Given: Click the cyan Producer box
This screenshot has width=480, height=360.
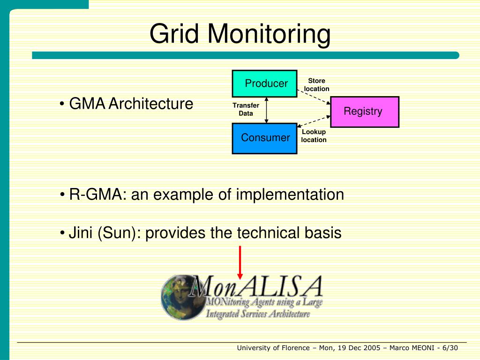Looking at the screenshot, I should click(264, 83).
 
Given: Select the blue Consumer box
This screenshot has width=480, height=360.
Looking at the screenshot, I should click(264, 138).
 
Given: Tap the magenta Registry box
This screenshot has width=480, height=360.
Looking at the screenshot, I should click(364, 112).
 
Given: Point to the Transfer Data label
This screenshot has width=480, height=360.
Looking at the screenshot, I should click(246, 109).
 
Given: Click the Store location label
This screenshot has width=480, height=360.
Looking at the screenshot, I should click(316, 85).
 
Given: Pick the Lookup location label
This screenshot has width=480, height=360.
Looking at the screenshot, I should click(314, 136).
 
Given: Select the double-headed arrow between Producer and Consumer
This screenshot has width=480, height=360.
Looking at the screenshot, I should click(266, 110).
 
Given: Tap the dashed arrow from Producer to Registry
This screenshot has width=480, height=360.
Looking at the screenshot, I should click(314, 97).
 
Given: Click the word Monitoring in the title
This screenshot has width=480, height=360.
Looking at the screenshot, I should click(269, 34).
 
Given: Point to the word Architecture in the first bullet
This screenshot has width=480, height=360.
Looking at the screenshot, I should click(150, 104).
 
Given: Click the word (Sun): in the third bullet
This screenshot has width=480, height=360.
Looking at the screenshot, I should click(120, 233).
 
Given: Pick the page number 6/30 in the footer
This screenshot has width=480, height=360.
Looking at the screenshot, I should click(450, 348).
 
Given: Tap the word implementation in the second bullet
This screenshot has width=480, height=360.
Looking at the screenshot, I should click(290, 195).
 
